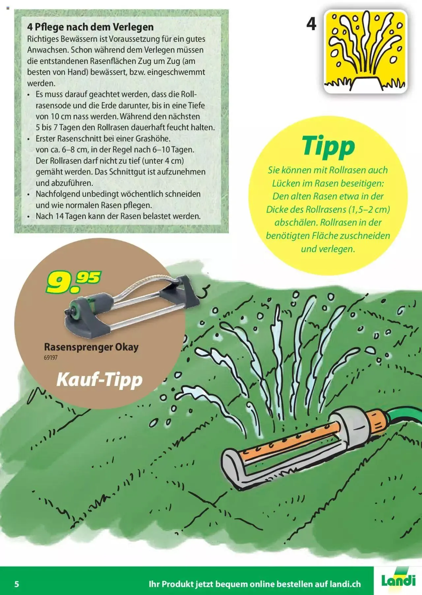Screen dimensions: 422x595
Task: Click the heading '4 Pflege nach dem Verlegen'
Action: click(90, 27)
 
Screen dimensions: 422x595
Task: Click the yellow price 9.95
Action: click(73, 282)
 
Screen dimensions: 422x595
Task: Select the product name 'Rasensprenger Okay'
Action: click(91, 347)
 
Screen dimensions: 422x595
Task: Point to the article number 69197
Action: click(50, 358)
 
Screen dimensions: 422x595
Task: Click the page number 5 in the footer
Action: click(17, 584)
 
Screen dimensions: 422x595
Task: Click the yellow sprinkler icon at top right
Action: click(365, 52)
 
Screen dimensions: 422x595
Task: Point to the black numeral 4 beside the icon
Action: click(311, 24)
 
